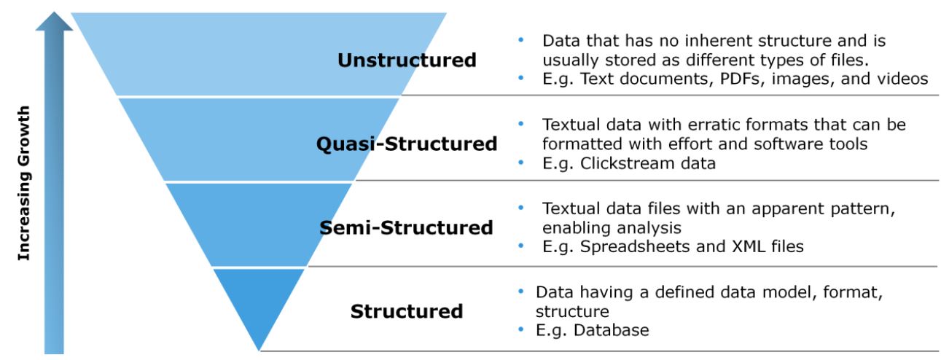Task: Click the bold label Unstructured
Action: coord(407,60)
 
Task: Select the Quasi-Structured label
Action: coord(407,144)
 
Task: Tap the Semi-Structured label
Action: coord(407,228)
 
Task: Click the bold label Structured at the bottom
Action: coord(407,312)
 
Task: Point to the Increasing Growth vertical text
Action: coord(24,183)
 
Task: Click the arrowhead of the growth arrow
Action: coord(55,22)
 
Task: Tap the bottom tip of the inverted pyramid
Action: coord(260,349)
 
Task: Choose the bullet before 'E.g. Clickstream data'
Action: coord(520,164)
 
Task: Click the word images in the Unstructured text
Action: coord(796,79)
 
